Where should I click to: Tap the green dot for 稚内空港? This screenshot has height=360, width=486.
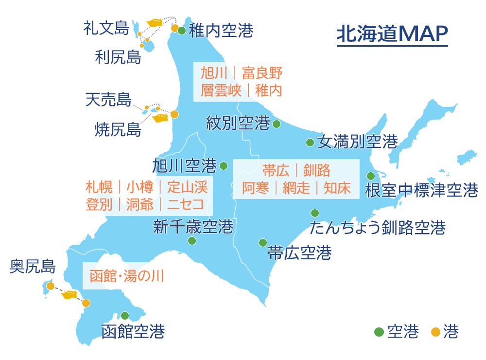(181, 31)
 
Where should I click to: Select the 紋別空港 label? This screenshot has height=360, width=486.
(238, 123)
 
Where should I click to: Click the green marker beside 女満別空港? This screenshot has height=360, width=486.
(310, 143)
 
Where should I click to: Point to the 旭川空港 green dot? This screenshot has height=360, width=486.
(224, 166)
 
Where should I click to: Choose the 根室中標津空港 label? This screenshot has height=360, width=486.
(421, 190)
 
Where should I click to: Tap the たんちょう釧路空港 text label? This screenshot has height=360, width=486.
(378, 227)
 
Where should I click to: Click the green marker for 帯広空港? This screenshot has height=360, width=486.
(263, 242)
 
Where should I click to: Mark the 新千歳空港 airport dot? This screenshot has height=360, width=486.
(192, 241)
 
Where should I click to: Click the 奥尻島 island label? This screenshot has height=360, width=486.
(33, 266)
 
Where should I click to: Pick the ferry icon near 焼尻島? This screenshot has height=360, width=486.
(160, 117)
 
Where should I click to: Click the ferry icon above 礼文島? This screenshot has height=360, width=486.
(155, 22)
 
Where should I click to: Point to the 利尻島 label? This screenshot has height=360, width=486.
(118, 58)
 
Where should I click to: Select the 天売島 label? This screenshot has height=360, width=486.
(108, 100)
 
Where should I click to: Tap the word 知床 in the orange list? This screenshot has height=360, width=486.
(337, 188)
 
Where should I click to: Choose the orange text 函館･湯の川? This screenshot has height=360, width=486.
(126, 276)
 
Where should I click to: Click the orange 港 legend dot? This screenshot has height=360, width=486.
(436, 332)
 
